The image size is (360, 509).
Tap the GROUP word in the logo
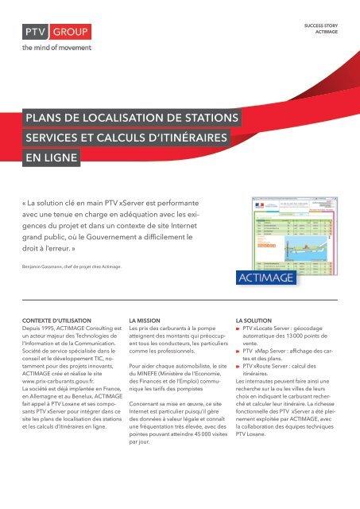[x=71, y=33]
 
